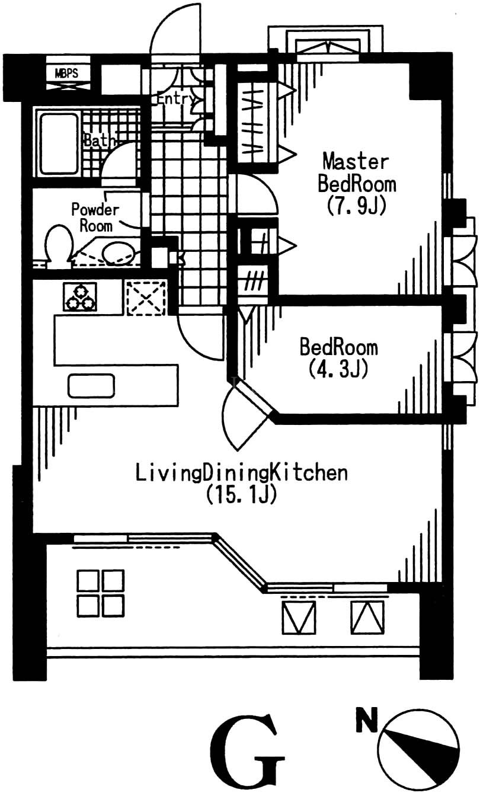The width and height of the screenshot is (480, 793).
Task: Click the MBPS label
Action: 66,73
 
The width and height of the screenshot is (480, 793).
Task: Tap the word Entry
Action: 176,99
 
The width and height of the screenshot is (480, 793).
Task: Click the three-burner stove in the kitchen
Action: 80,297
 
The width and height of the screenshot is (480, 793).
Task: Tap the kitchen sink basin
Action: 91,385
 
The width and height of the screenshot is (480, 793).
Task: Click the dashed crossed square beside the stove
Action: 146,298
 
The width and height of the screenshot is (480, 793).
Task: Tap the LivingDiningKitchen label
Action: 242,473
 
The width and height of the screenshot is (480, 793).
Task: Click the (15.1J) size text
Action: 241,494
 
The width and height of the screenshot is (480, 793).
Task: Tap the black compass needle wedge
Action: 422,752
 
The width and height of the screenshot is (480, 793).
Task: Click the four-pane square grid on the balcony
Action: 101,593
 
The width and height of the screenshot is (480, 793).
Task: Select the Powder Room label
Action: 95,218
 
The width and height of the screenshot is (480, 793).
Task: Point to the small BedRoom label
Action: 339,347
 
